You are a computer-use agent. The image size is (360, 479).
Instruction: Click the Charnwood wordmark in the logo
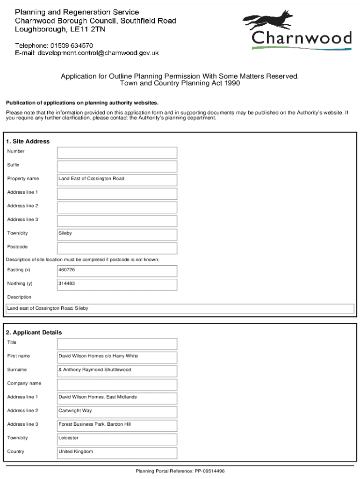(302, 38)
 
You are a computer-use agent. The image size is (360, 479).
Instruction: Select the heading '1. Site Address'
(28, 141)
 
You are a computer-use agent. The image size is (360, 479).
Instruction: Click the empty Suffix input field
(117, 167)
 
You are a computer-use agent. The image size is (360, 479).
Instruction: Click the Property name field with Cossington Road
(117, 180)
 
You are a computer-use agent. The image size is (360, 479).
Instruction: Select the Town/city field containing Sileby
(117, 234)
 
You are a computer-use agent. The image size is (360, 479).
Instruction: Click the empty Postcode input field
(117, 248)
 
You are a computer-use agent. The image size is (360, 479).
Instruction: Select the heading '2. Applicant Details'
(34, 333)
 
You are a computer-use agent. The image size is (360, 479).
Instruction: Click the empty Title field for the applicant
(117, 344)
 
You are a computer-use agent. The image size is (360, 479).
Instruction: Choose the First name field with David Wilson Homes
(117, 357)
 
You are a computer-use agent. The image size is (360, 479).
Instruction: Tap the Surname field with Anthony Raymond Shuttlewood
(117, 371)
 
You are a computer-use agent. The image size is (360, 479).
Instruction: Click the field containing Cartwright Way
(117, 412)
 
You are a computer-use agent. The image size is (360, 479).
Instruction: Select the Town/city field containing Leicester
(117, 439)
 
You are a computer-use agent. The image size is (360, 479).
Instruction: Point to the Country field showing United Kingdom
(117, 453)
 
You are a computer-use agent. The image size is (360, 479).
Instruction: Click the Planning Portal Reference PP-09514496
(180, 471)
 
